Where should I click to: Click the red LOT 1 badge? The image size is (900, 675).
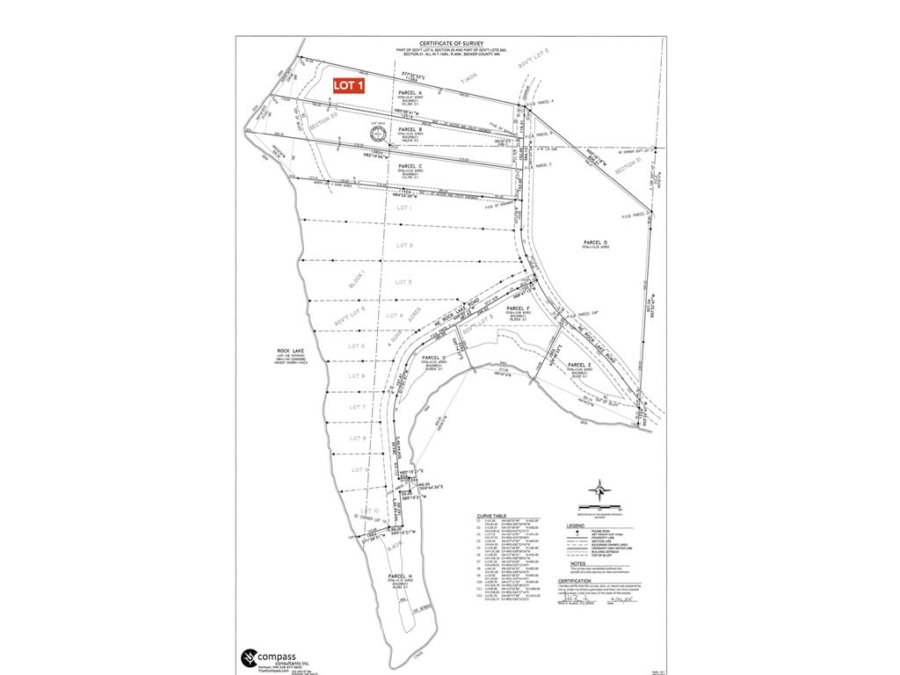[349, 85]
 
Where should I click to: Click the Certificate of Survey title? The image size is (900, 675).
[451, 43]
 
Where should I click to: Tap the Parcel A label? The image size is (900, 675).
[410, 92]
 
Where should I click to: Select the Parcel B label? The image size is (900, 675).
[410, 129]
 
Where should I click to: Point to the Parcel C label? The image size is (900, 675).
[410, 165]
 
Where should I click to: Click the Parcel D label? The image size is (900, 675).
[594, 242]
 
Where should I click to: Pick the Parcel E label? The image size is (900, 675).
[577, 365]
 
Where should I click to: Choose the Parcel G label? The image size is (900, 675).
[433, 358]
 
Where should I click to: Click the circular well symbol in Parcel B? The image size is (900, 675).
[377, 134]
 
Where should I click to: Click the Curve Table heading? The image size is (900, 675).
[490, 516]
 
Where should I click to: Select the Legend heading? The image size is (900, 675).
[574, 526]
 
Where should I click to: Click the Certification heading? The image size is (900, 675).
[575, 580]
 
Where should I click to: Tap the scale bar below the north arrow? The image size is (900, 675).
[599, 506]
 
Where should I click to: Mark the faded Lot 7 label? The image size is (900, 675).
[357, 407]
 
